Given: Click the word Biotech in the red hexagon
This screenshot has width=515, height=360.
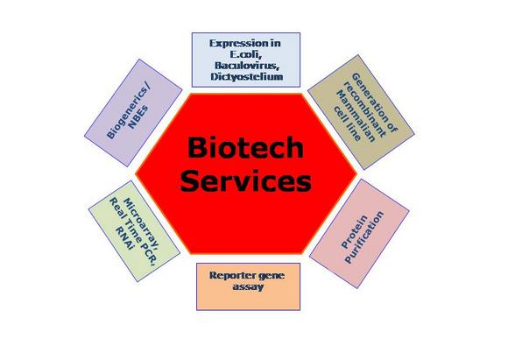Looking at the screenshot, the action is [x=245, y=147].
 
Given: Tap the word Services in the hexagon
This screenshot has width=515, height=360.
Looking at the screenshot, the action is [x=245, y=181].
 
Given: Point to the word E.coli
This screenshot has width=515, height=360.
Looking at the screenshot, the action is [x=245, y=54].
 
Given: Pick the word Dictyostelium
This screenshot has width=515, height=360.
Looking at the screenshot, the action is [x=247, y=77].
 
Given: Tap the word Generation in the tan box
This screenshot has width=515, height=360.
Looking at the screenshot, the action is [x=375, y=102].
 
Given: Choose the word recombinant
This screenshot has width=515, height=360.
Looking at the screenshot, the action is [x=364, y=109].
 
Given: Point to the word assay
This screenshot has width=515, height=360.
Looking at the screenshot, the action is [x=248, y=286].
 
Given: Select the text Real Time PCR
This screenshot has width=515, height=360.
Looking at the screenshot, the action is [x=132, y=229].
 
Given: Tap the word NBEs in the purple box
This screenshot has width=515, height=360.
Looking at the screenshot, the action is [x=138, y=117].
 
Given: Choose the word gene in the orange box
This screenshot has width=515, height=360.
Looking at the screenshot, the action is [x=271, y=276].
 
